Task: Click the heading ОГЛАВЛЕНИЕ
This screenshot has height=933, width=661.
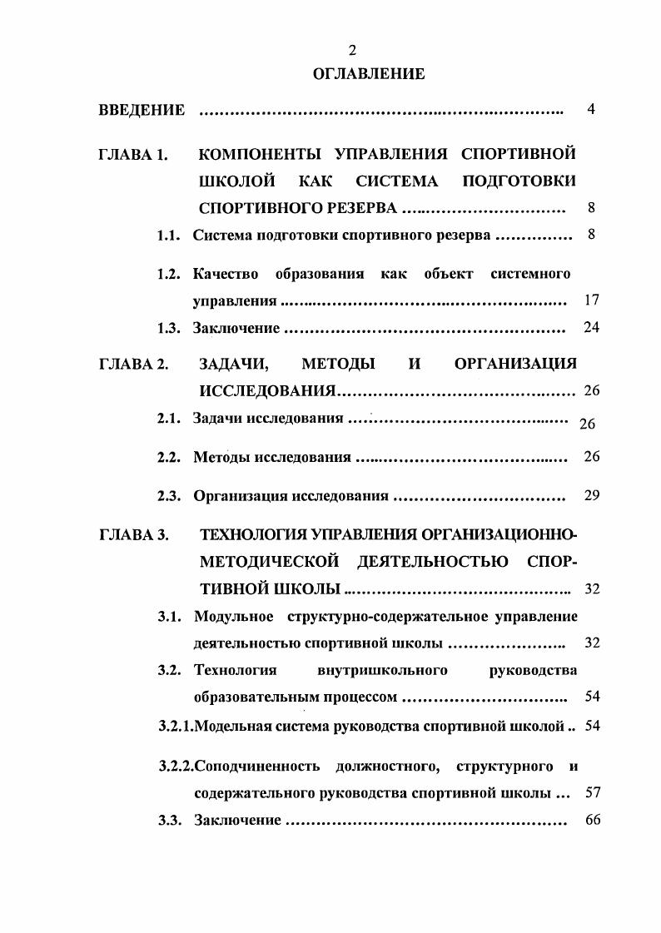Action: coord(369,74)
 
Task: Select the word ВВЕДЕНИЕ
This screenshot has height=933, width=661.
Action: coord(142,110)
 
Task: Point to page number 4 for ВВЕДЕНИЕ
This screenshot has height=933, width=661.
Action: coord(591,109)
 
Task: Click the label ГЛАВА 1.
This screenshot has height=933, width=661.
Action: coord(134,155)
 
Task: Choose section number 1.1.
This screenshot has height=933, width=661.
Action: coord(169,236)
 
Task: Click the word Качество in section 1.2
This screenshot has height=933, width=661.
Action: coord(225,274)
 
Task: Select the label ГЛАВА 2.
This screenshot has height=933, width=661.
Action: coord(134,364)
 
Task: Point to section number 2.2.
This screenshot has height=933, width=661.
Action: coord(169,457)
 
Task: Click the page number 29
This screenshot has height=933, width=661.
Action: coord(592,495)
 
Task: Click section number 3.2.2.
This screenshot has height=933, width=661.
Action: coord(176,765)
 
